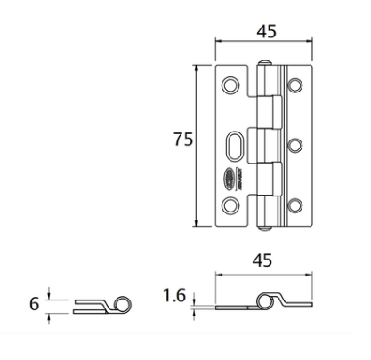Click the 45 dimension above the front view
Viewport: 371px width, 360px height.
tap(266, 30)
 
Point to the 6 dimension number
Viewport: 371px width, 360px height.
tap(34, 304)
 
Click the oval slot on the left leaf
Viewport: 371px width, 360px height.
tap(236, 145)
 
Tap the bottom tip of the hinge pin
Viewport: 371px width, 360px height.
tap(263, 228)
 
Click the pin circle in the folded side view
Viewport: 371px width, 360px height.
tap(123, 305)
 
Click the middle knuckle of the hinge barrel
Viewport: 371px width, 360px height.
tap(265, 145)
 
